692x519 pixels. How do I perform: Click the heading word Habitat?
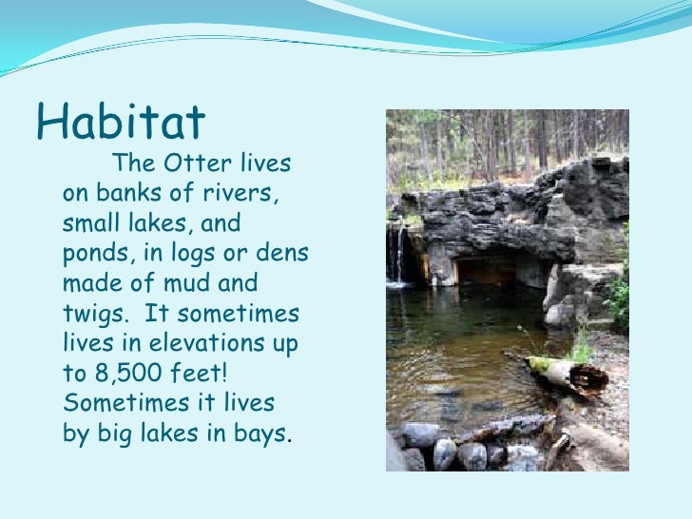click(121, 121)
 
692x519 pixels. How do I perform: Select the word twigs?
click(94, 315)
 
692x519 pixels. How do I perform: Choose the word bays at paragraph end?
click(260, 433)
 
